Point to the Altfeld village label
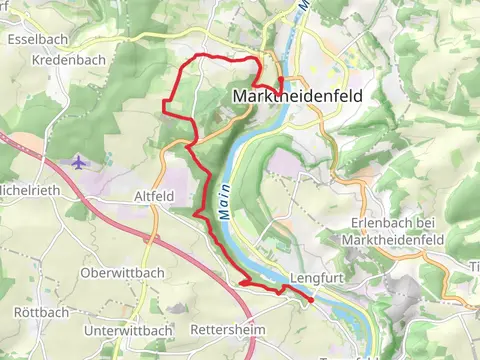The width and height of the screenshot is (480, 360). (x=154, y=198)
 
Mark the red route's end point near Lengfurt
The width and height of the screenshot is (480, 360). (x=311, y=299)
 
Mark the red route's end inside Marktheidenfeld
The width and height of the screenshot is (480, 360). (x=280, y=79)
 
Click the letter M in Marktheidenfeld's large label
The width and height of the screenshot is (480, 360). (x=239, y=96)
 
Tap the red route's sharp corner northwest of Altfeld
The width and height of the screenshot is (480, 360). (x=164, y=103)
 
